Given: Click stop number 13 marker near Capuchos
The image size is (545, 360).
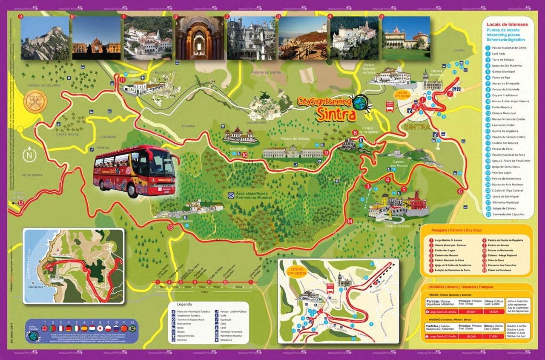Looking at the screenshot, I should click(170, 228).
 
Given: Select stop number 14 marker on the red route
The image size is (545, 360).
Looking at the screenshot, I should click(350, 221).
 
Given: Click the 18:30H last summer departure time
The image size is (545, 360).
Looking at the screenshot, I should click(493, 312).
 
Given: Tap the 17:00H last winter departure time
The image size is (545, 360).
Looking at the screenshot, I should click(493, 336).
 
